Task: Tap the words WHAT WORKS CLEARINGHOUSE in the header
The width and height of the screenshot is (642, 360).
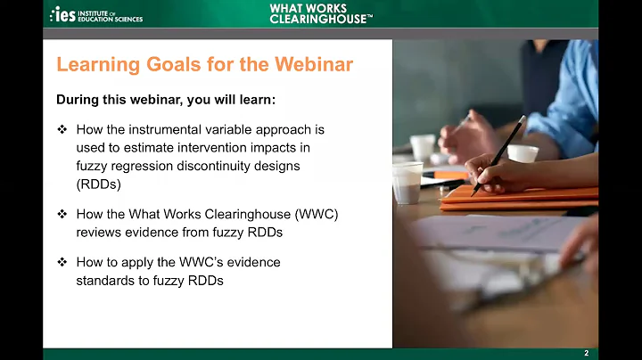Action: coord(320,13)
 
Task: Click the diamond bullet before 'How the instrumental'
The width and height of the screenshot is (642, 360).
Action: coord(62,129)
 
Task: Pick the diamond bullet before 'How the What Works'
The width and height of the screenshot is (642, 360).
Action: coord(62,215)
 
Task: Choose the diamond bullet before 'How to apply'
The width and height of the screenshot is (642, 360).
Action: coord(62,263)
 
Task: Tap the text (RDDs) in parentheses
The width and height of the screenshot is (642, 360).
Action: coord(99,184)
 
